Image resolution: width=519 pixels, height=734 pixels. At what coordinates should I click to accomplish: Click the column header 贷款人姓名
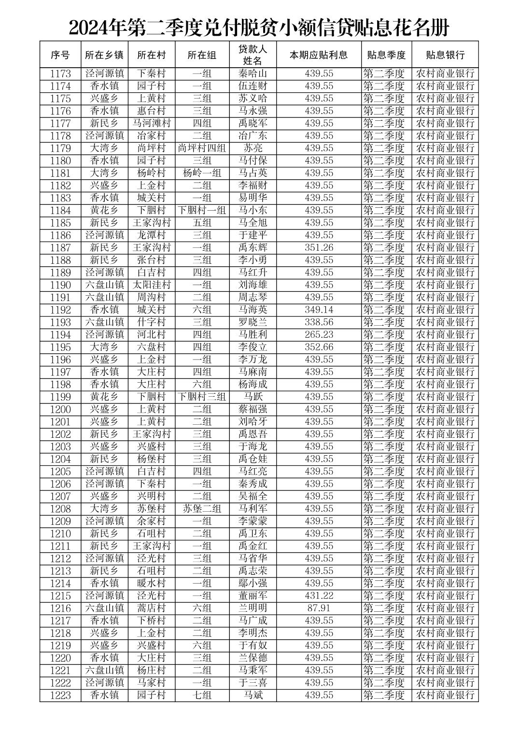252,55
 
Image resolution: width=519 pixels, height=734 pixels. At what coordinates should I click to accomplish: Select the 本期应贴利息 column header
319,55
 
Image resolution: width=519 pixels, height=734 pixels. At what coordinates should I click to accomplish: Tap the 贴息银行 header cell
445,55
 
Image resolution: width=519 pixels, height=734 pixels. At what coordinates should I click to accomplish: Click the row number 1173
60,74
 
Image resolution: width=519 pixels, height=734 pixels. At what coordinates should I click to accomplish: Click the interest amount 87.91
319,608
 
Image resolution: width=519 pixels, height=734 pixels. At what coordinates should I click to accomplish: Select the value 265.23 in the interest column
319,335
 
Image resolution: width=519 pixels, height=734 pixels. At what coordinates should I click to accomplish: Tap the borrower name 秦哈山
252,74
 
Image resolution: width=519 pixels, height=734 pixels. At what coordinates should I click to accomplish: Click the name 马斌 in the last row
252,695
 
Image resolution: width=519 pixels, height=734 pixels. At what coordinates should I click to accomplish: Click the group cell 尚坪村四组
202,148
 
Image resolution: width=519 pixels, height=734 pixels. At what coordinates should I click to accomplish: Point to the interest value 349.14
319,310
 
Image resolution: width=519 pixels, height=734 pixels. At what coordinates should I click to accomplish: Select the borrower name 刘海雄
252,285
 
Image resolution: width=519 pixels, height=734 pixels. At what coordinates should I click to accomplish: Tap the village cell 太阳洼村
152,285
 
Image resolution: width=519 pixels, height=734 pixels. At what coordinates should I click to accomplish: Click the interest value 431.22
319,596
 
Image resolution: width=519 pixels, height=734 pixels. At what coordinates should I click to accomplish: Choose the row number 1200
60,409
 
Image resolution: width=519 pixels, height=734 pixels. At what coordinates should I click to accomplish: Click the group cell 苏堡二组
202,509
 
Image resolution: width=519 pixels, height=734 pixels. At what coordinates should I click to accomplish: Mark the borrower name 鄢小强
252,583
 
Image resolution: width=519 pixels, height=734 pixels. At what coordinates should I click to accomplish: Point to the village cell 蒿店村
152,608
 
